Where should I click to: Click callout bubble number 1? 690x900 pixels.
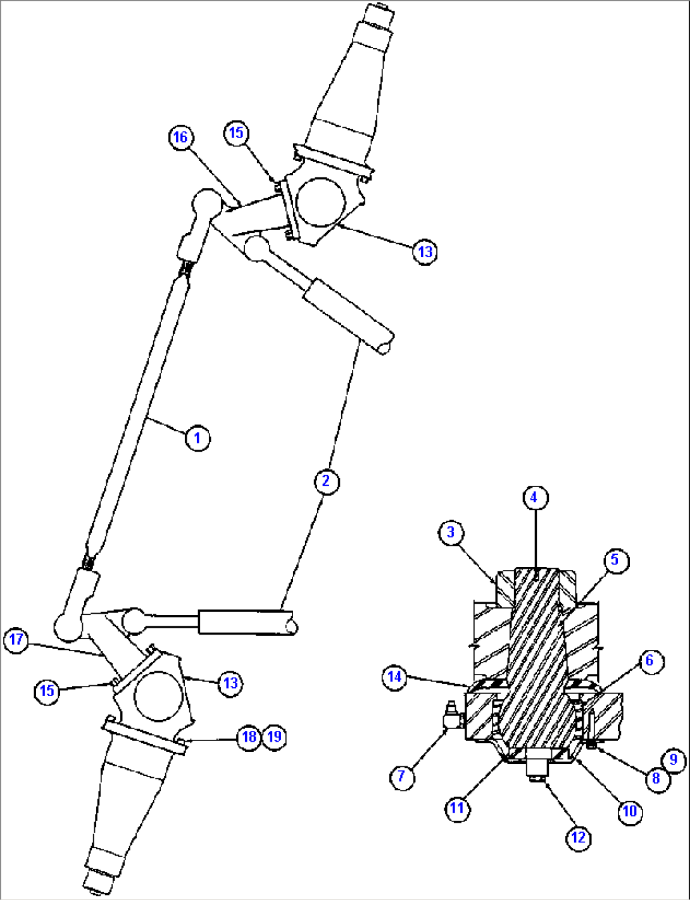click(198, 438)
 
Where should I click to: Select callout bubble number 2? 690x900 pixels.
click(326, 481)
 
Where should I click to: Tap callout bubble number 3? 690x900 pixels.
click(451, 532)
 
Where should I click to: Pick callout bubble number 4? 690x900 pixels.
click(534, 498)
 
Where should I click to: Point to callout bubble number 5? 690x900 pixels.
click(615, 560)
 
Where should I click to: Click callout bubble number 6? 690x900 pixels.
click(649, 661)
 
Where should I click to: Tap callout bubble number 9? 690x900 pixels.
click(674, 759)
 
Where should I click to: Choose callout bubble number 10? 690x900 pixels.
click(630, 811)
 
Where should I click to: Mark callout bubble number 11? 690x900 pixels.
click(457, 808)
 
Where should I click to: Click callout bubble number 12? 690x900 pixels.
click(579, 837)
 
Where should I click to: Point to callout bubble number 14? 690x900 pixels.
click(395, 677)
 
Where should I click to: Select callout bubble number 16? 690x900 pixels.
click(181, 137)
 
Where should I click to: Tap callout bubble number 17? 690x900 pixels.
click(16, 640)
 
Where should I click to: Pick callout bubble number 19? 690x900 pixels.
click(274, 737)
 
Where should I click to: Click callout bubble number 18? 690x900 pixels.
click(249, 737)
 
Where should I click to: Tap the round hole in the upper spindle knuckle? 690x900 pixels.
click(321, 201)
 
